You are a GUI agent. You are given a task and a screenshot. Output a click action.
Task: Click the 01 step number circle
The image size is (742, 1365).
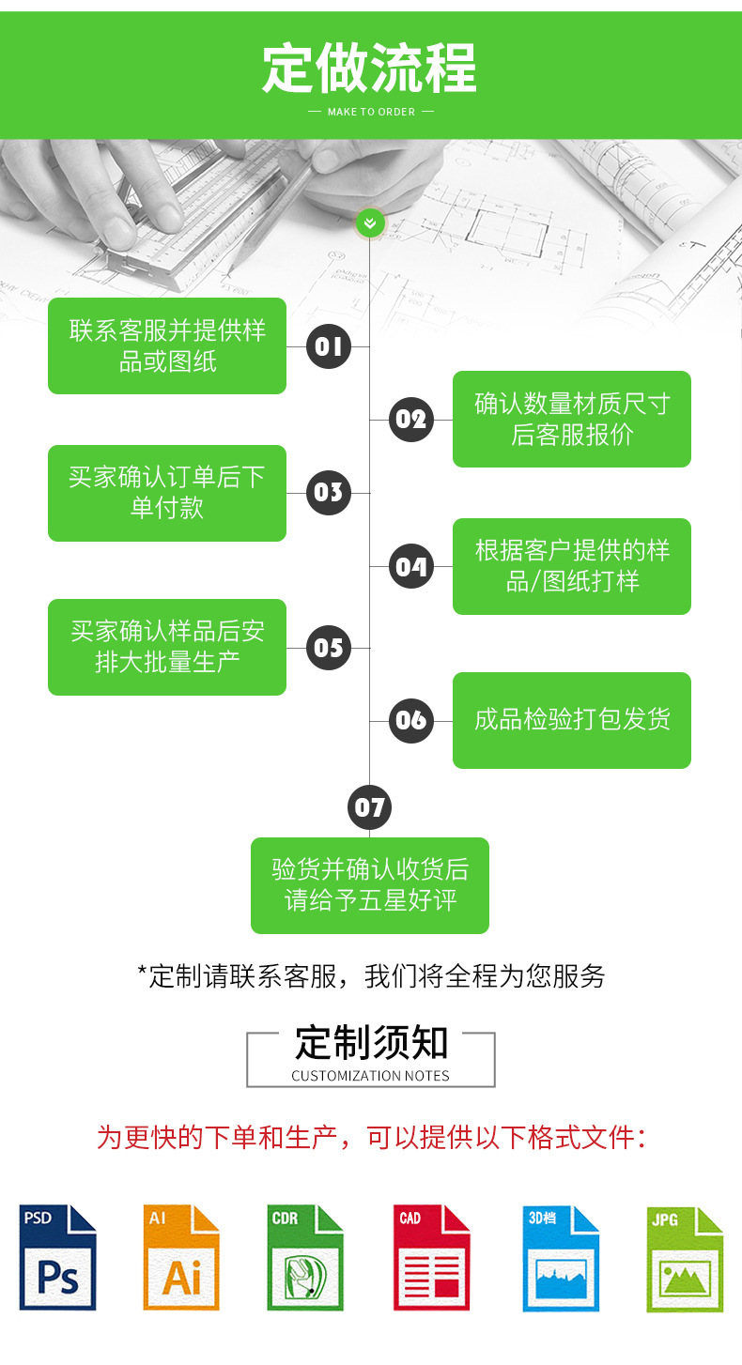coord(329,346)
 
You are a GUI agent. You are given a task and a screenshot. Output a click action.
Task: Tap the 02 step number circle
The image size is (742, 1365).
coord(410,419)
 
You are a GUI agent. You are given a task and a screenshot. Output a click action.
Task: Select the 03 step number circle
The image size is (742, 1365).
coord(329,493)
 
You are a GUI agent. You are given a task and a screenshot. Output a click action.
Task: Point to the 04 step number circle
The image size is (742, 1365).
coord(410,566)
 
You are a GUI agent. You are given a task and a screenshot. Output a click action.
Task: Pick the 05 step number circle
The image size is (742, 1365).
coord(329,647)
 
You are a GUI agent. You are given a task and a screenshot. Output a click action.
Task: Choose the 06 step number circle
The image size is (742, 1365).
coord(410,720)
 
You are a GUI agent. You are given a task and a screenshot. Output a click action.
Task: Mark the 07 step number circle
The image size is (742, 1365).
coord(369,807)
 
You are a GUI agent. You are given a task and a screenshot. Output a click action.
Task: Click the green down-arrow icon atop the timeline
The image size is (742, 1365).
coord(369,222)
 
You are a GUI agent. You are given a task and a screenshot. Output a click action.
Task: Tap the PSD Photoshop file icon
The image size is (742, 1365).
coord(57,1257)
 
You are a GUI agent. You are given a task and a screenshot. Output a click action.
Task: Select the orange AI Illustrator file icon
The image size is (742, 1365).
coord(181,1257)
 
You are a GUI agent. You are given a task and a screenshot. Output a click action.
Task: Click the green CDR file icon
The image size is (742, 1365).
coord(305,1257)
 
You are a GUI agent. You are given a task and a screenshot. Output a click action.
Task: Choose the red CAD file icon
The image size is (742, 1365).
coord(431,1257)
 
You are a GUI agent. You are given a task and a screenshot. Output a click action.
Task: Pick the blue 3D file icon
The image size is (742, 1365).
coord(561,1257)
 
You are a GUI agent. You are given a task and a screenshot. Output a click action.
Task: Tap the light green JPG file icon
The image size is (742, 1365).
coord(685,1259)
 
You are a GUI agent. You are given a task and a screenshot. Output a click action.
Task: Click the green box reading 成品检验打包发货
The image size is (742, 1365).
coord(571,720)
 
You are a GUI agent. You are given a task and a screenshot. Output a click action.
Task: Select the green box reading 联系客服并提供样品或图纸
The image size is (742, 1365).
coord(167,345)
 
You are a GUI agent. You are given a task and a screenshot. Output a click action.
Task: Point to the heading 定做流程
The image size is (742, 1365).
coord(370,67)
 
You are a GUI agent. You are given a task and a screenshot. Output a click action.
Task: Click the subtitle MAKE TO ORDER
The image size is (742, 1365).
coord(371,112)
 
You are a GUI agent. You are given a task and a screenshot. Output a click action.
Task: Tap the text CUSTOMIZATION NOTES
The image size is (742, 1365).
coord(370,1076)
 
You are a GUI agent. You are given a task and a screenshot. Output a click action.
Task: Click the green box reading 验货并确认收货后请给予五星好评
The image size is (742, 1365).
coord(370,885)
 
